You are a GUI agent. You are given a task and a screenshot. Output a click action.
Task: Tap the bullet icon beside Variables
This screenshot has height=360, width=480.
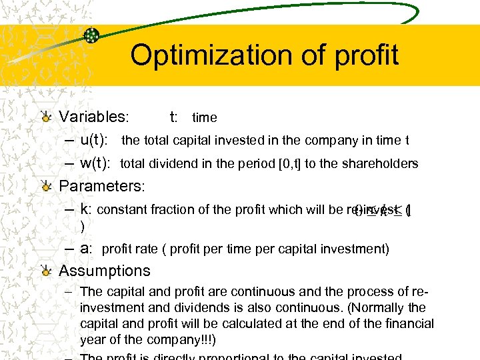(46, 117)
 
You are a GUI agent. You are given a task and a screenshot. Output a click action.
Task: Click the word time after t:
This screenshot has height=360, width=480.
(205, 118)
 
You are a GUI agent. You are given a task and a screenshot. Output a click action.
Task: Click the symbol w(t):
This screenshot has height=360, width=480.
(97, 163)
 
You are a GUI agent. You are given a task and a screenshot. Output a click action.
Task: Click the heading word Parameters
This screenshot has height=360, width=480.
(101, 185)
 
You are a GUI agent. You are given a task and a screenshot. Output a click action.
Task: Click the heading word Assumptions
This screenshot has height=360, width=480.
(105, 271)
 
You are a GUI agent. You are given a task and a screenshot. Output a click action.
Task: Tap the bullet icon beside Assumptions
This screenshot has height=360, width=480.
(46, 271)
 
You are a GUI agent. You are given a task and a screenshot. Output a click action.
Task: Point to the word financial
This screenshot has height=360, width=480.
(403, 324)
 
